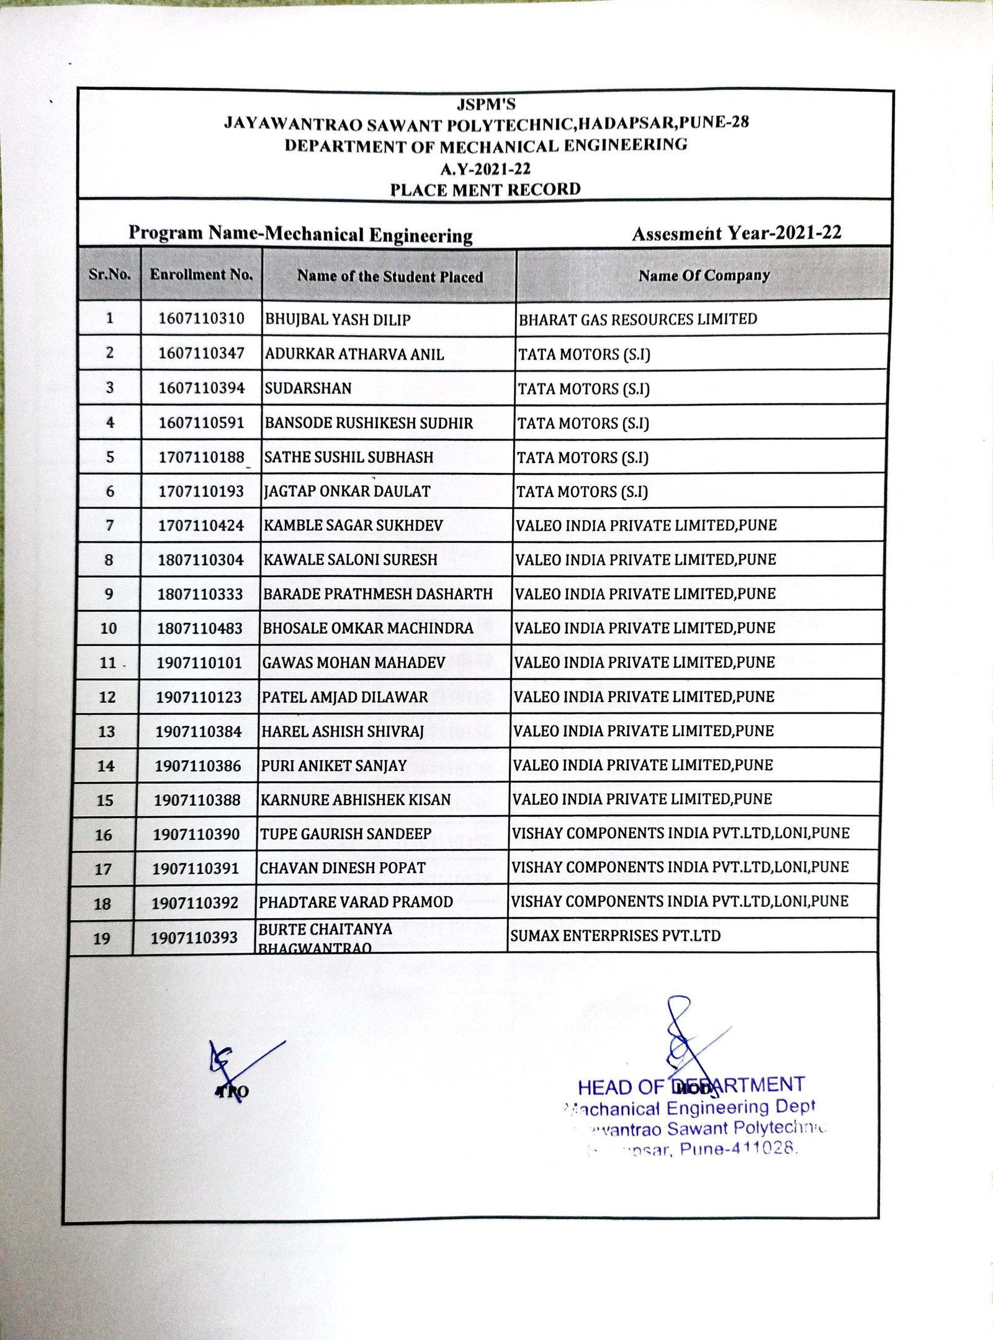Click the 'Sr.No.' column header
click(x=110, y=274)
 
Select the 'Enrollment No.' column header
click(x=202, y=275)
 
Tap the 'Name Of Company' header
click(x=704, y=276)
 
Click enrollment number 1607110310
click(x=202, y=319)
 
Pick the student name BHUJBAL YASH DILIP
click(x=338, y=320)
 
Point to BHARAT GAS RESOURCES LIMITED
click(x=638, y=320)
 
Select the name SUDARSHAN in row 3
click(x=308, y=389)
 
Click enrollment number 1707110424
click(x=201, y=526)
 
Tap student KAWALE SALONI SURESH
click(x=351, y=560)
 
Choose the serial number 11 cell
click(x=108, y=663)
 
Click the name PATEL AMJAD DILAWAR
click(x=345, y=697)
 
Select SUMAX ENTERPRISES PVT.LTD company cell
click(x=615, y=935)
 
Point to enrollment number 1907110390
click(x=197, y=834)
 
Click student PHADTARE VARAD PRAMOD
click(x=356, y=902)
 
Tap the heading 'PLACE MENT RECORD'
click(x=485, y=189)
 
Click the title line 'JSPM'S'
click(x=486, y=104)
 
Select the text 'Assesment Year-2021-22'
click(x=737, y=233)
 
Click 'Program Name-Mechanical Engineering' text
click(x=300, y=234)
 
